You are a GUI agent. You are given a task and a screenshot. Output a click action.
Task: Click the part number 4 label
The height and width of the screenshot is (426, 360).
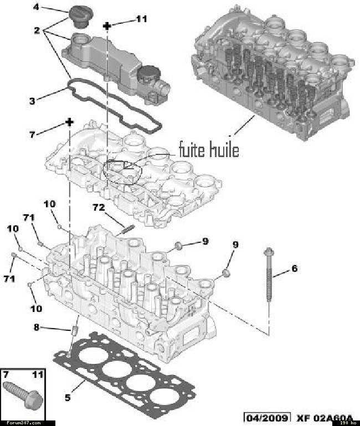[36, 7]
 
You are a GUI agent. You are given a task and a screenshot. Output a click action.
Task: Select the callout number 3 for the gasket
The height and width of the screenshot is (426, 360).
[32, 101]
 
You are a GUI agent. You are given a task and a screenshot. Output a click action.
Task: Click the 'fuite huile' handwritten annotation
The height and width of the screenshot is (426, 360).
[209, 150]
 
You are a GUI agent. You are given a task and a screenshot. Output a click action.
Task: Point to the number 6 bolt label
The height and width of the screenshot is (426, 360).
[294, 268]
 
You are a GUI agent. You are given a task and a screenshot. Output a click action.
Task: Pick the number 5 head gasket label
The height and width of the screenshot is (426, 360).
[68, 397]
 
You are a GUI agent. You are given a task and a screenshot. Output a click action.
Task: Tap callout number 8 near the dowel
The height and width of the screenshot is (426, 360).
[37, 327]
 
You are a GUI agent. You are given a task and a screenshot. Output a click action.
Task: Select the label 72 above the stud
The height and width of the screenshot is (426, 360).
[98, 207]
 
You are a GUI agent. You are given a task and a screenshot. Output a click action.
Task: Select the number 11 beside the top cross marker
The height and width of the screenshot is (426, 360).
[141, 19]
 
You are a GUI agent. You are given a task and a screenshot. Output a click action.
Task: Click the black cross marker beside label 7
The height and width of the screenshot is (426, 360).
[69, 122]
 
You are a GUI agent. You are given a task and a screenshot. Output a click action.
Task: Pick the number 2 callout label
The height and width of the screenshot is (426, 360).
[36, 31]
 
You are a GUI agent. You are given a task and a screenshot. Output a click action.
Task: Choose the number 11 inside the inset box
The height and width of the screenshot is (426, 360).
[37, 375]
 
